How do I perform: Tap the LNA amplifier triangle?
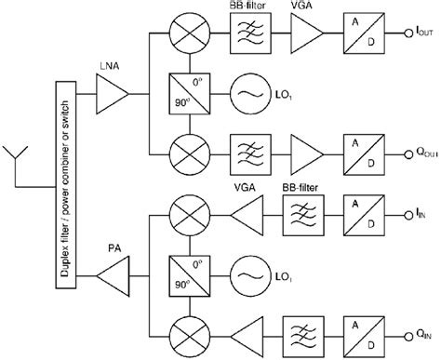tap(113, 92)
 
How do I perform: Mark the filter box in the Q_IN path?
tap(301, 333)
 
